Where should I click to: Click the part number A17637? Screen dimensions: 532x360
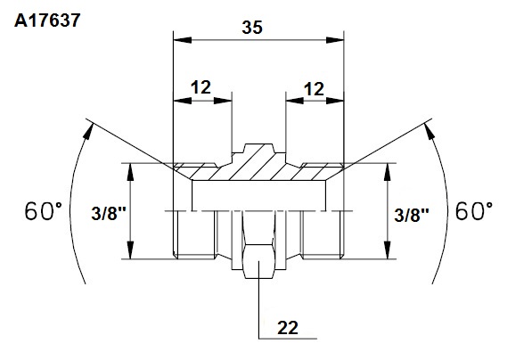click(x=47, y=20)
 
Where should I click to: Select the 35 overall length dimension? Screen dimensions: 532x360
click(x=252, y=28)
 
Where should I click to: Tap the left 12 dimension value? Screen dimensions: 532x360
click(x=201, y=87)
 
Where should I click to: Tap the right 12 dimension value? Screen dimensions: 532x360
click(x=314, y=89)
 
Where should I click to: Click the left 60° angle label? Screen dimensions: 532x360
click(x=44, y=211)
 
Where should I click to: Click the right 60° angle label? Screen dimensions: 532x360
click(x=474, y=211)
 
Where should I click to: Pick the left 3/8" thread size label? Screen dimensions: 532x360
click(x=109, y=214)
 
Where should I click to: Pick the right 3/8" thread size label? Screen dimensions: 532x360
click(x=412, y=215)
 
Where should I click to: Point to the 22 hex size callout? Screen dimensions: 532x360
click(x=288, y=328)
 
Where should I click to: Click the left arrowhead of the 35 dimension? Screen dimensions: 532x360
click(x=182, y=40)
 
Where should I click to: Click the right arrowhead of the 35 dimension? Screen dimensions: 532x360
click(x=335, y=40)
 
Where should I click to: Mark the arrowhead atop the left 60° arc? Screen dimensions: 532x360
click(x=88, y=131)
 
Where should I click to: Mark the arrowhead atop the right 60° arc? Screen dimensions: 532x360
click(x=429, y=131)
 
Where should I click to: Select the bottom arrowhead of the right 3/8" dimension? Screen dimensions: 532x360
click(x=388, y=250)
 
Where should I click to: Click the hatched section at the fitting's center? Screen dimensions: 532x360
click(x=259, y=162)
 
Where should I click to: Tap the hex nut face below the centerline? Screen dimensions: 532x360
click(x=259, y=244)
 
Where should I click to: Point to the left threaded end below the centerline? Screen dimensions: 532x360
click(x=194, y=234)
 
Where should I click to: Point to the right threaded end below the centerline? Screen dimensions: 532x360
click(x=323, y=234)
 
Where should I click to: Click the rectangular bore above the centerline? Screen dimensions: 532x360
click(x=259, y=195)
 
